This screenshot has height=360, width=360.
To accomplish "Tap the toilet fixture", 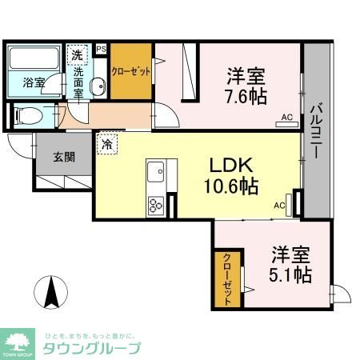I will point(30,114).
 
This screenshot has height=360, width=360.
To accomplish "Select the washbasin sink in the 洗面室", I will point(95,88).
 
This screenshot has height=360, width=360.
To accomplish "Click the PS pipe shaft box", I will point(101,49).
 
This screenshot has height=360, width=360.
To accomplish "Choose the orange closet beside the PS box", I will point(130,70).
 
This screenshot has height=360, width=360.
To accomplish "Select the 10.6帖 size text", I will point(234,188).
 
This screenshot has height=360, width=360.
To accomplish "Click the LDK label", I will point(232,165).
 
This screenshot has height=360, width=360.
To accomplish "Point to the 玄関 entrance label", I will point(64,157).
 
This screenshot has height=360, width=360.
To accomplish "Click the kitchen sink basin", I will point(155,171).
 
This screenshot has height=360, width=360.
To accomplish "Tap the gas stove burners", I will point(155,205).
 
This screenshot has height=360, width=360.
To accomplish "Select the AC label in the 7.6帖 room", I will point(285,119).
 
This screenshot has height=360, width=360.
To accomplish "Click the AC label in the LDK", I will point(280,206).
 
